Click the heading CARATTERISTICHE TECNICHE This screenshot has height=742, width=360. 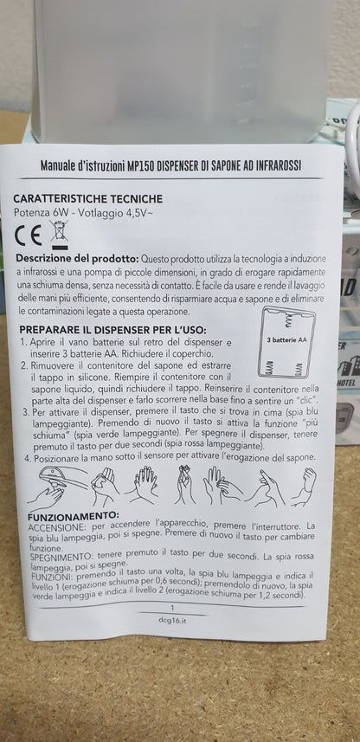coord(87,198)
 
